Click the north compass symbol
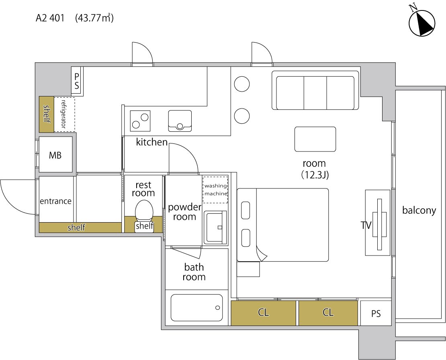coord(422,23)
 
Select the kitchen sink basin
coord(180,121)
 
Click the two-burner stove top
coord(140,121)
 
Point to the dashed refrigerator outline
coord(64,115)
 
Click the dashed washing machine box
coord(216,190)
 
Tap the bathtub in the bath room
coord(196,307)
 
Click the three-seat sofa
coord(315,90)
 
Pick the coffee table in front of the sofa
coord(315,139)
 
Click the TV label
coord(366,225)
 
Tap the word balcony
coord(419,211)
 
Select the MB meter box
coord(55,154)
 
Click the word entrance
coord(56,201)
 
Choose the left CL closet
coord(264,313)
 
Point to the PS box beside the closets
coord(376,313)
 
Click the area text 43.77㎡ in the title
coord(94,18)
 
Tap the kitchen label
coord(151,142)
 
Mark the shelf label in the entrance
coord(76,227)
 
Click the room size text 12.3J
coord(315,175)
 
